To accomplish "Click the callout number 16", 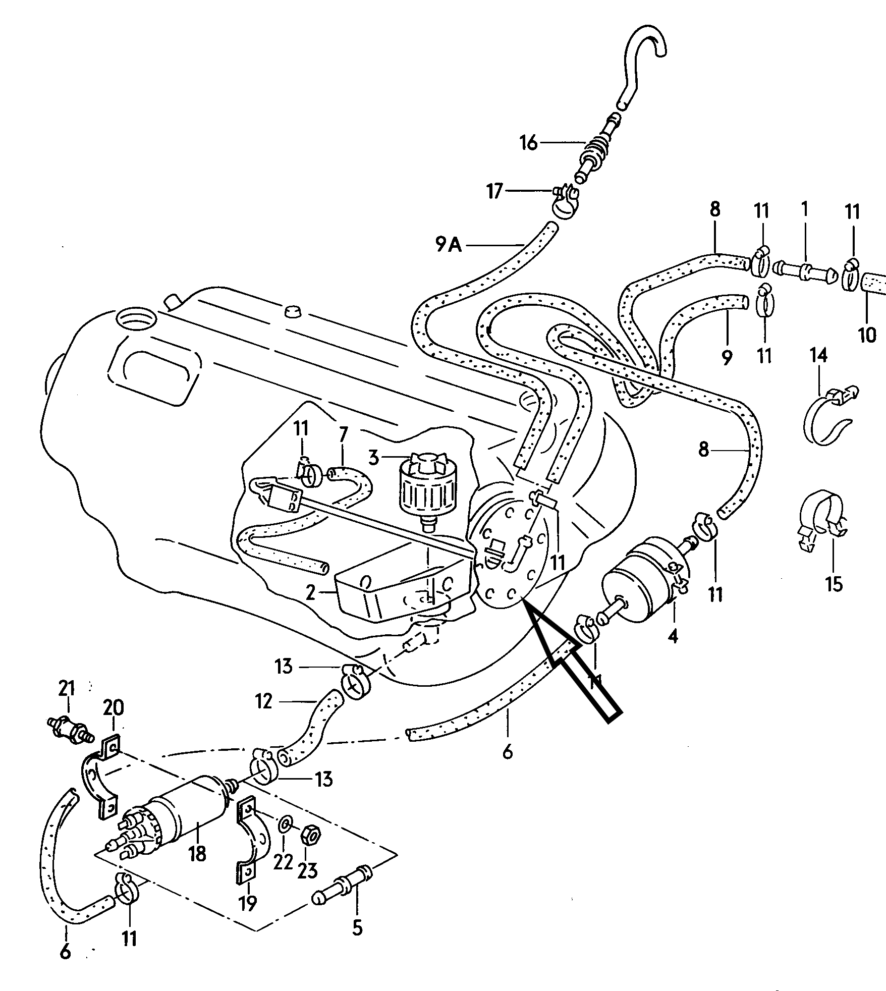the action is pyautogui.click(x=529, y=144).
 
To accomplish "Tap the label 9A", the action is pyautogui.click(x=449, y=245).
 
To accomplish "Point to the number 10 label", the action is pyautogui.click(x=867, y=335).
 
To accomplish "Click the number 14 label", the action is pyautogui.click(x=818, y=356).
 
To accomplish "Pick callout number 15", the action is pyautogui.click(x=834, y=584).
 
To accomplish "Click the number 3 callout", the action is pyautogui.click(x=373, y=458).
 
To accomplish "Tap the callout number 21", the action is pyautogui.click(x=66, y=688).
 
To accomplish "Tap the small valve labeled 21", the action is pyautogui.click(x=71, y=728).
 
